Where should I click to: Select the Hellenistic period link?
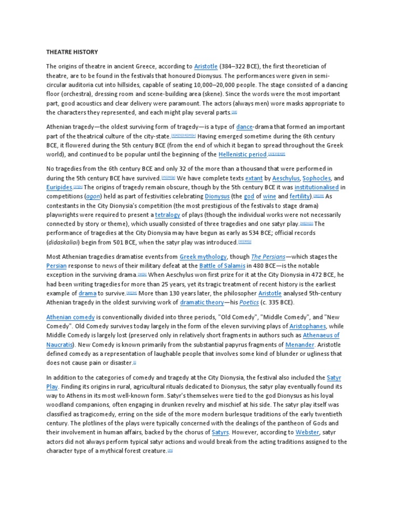coord(242,154)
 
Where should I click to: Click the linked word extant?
coord(253,178)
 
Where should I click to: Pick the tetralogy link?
coord(167,215)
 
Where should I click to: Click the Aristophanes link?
coord(295,327)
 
